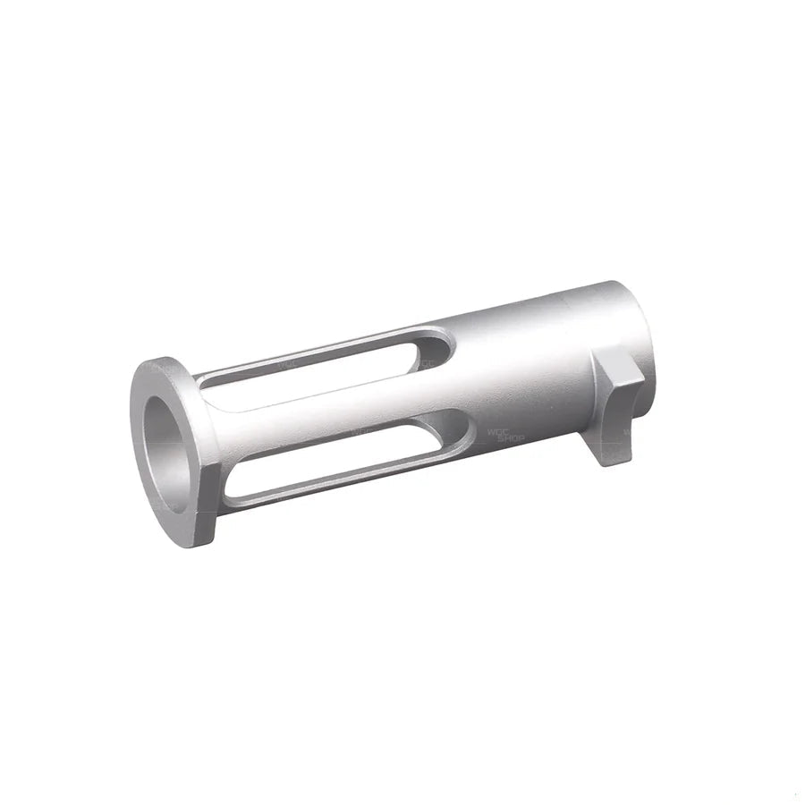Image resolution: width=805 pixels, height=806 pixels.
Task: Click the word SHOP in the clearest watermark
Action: click(x=510, y=437)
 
